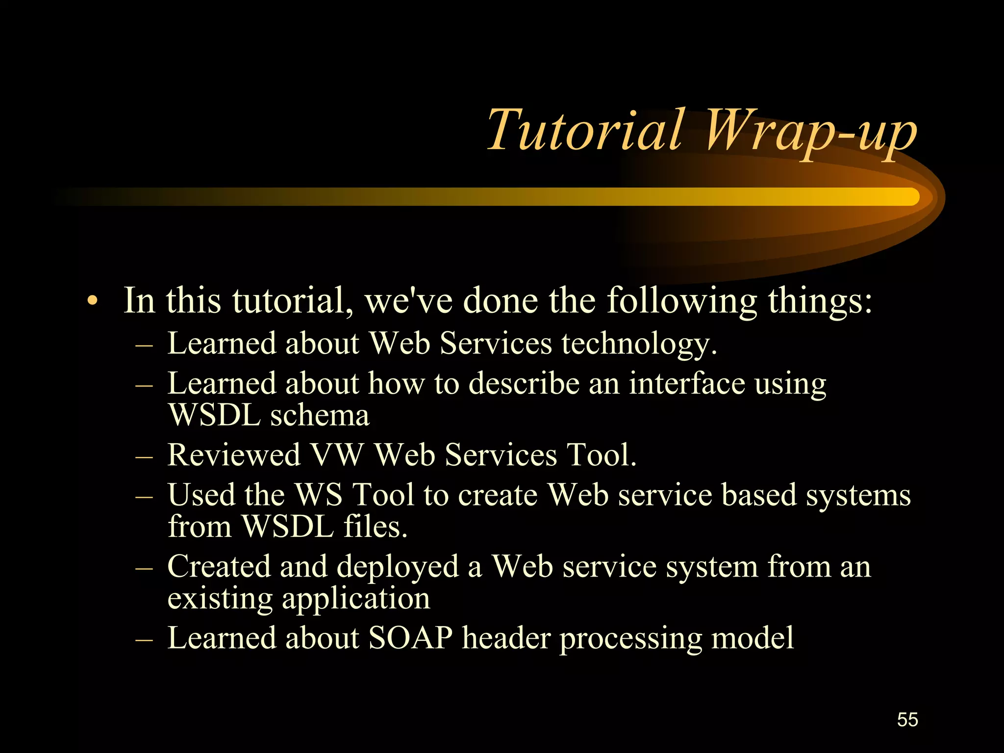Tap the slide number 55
point(907,720)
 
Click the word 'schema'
point(320,416)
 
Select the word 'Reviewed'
point(234,455)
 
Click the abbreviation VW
point(337,455)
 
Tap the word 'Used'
point(201,495)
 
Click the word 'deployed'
point(398,568)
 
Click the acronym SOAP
point(410,638)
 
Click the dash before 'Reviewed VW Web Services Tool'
point(144,456)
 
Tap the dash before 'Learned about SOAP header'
point(144,640)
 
